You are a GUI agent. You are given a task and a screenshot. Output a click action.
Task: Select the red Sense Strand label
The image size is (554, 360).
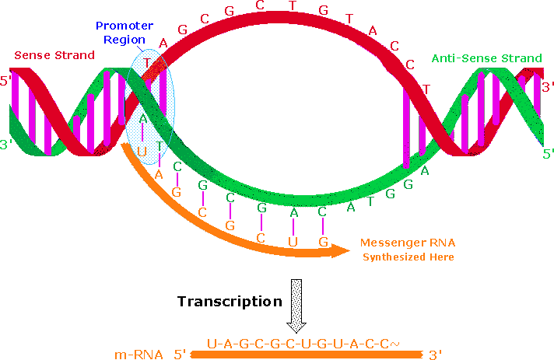pos(54,55)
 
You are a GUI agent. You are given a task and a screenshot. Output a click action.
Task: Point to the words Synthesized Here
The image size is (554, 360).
pos(406,257)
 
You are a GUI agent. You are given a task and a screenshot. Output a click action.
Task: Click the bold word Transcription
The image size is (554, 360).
pos(228,301)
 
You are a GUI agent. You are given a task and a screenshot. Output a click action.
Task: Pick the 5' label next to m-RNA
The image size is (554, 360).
pos(180,355)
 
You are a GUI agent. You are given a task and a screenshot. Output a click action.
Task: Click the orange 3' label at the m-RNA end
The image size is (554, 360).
pos(435,355)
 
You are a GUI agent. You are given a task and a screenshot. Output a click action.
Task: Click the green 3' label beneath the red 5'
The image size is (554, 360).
pos(9,123)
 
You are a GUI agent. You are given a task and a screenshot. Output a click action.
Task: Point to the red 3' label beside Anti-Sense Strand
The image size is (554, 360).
pos(547,86)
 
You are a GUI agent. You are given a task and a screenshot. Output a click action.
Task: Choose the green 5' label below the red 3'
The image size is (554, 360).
pos(547,154)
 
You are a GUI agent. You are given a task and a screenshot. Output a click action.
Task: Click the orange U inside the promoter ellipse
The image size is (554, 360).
pos(142,151)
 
